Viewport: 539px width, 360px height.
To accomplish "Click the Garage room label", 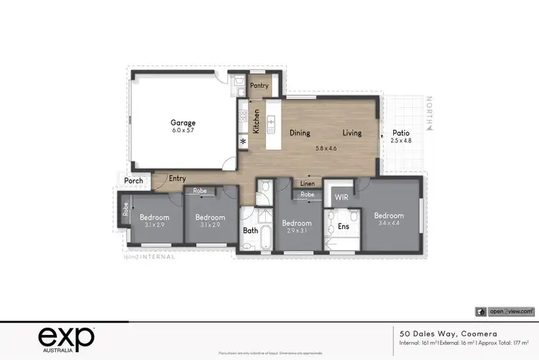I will coord(183,122).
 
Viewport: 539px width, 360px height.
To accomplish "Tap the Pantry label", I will coord(259,86).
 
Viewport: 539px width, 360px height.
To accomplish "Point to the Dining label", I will coord(300,133).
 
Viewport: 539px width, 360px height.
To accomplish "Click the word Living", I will coord(351,133).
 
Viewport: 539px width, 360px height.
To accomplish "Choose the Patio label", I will coord(401,133).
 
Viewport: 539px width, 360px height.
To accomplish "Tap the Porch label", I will coord(134,181).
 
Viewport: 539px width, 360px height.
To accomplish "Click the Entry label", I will coord(177,179).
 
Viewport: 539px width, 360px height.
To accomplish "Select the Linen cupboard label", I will coord(308,184).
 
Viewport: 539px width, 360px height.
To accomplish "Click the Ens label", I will coord(344,226).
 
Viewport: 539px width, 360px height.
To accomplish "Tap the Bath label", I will coord(250,231).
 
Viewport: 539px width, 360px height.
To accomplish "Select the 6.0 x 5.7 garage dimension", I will coord(183,131).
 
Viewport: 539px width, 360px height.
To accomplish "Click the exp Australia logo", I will coord(65,337).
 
